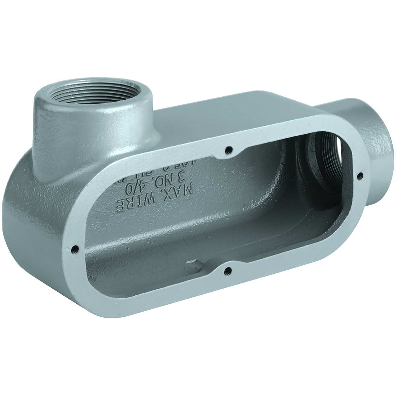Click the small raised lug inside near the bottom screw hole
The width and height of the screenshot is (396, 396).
click(x=195, y=263)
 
